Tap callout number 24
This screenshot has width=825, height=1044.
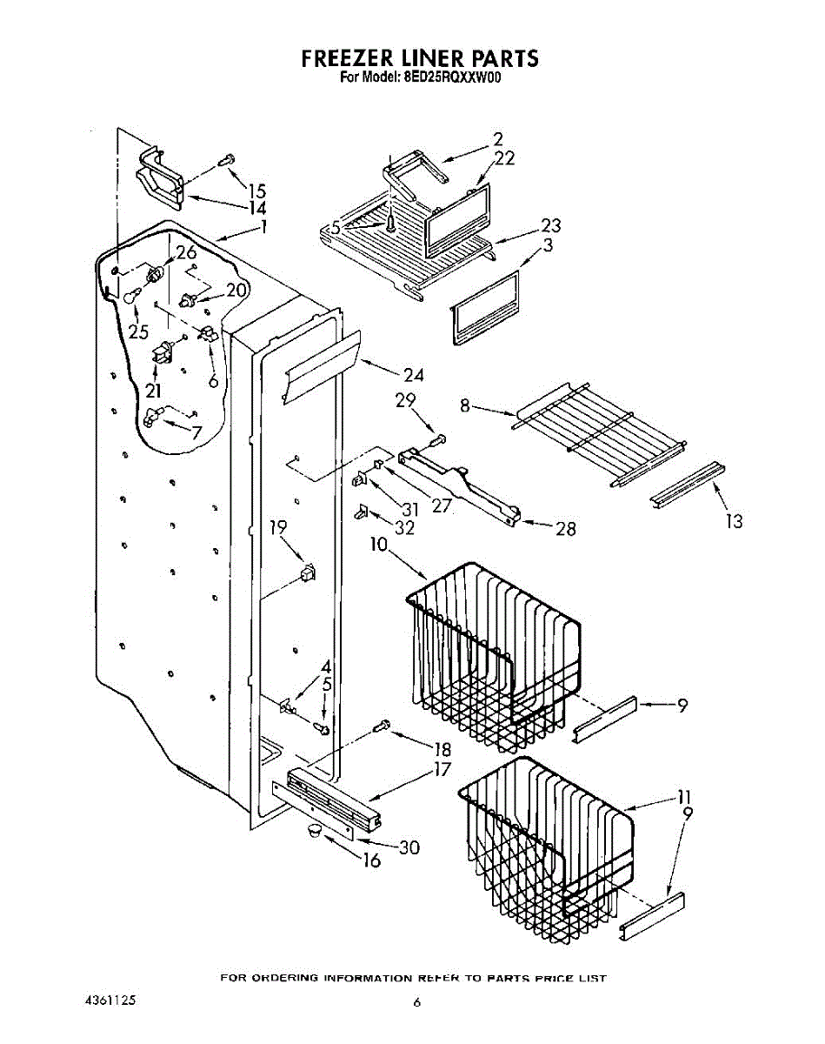tap(413, 375)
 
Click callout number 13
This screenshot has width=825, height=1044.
tap(735, 521)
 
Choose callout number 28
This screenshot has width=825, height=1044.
tap(565, 528)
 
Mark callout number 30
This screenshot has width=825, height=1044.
tap(409, 847)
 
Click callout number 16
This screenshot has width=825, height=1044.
tap(371, 862)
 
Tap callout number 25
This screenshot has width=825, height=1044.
tap(138, 331)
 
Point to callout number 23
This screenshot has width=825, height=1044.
tap(550, 226)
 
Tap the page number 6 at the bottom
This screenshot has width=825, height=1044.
tap(417, 1003)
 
